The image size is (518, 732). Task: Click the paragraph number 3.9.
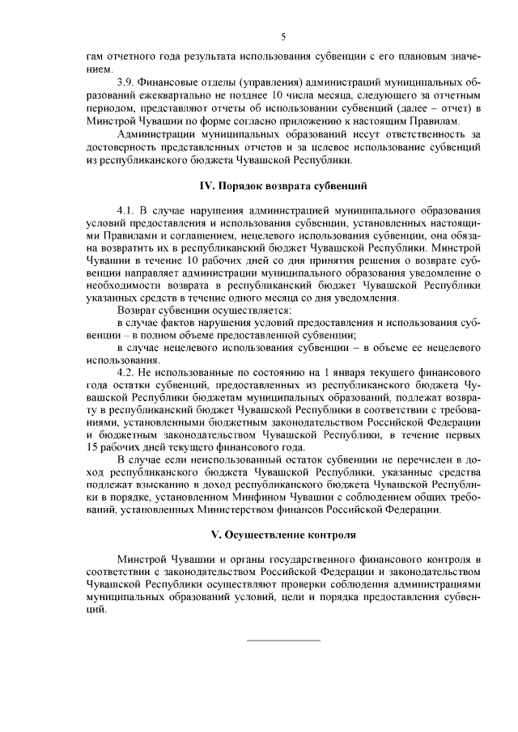pos(127,83)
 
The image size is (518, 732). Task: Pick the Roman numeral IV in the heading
pos(206,185)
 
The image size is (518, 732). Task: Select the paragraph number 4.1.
pos(127,210)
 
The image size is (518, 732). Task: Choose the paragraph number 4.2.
pos(127,371)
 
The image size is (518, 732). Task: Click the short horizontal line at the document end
pos(283,641)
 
